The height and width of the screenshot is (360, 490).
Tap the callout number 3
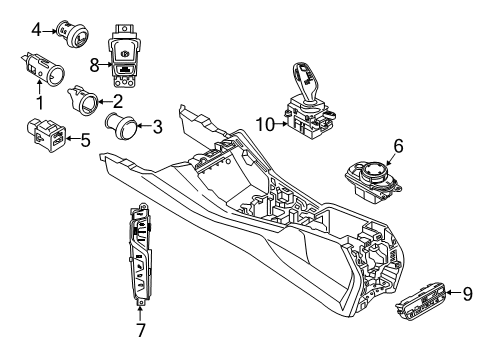(157, 127)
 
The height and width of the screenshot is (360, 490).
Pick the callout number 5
(85, 140)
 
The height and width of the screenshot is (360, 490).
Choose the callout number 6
(398, 147)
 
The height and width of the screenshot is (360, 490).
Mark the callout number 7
(139, 329)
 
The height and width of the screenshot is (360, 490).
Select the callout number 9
(467, 292)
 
